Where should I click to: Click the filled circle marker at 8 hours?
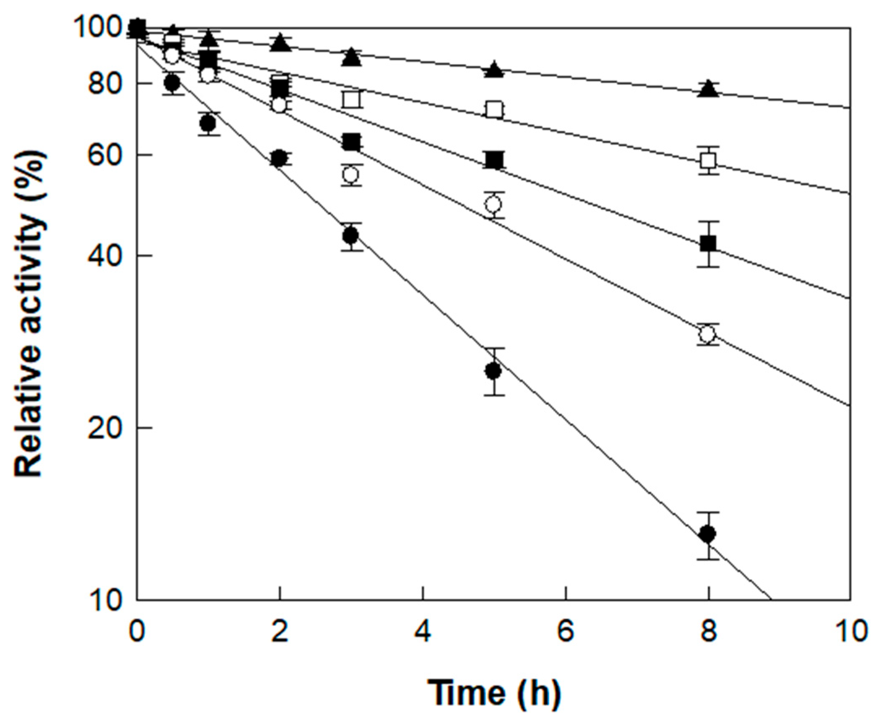point(708,533)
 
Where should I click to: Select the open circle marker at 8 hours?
point(708,334)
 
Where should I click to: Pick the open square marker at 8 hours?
point(708,160)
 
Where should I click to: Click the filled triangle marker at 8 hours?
point(708,89)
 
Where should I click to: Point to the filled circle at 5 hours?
point(494,370)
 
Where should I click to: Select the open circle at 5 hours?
point(494,205)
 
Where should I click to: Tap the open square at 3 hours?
point(351,99)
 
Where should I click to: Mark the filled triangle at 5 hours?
point(494,70)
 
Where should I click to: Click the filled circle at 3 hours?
point(351,236)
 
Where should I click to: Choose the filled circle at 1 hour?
point(208,123)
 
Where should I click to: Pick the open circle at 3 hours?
point(351,175)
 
